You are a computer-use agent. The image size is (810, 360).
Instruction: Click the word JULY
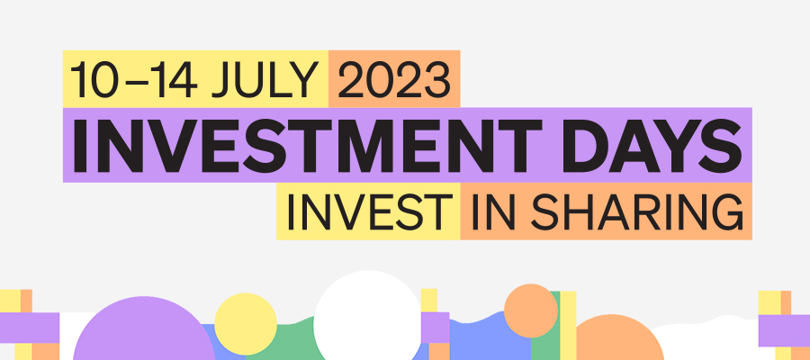coord(265,79)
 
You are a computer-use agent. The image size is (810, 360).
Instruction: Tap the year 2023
coord(394,79)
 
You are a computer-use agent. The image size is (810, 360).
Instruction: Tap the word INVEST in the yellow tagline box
coord(369,211)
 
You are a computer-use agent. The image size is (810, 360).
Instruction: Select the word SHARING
coord(637,211)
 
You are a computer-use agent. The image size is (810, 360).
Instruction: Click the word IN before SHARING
coord(493,211)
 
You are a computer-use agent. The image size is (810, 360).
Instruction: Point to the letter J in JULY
coord(222,80)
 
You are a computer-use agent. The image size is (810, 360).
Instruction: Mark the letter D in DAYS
coord(585,146)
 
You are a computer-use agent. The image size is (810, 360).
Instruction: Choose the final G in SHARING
coord(726,211)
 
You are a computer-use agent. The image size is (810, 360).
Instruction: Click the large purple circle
coord(144,330)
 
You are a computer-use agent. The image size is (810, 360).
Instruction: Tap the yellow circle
coord(246,324)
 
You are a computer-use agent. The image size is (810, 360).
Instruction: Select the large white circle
coord(368,316)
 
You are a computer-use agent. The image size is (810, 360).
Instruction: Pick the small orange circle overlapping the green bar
coord(530,310)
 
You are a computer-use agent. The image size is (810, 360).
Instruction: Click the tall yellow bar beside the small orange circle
coord(568,326)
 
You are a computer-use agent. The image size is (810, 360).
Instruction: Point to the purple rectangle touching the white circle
coord(436,328)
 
